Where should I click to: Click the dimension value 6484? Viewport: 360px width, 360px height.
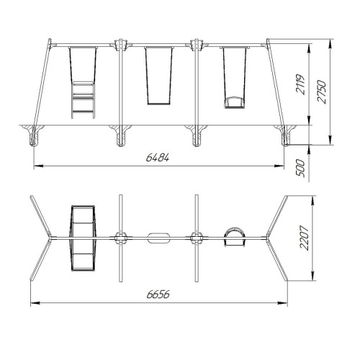coord(158,158)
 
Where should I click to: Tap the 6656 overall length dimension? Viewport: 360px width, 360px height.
coord(158,294)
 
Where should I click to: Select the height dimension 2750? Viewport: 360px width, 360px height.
coord(322,92)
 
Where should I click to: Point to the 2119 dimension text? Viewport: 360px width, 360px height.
coord(300,84)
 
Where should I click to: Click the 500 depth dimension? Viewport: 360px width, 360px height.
coord(300,168)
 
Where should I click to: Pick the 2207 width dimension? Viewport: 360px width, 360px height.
coord(304,238)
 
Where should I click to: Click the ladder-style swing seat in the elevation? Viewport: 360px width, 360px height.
coord(83,99)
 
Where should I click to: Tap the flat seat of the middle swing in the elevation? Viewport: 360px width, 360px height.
coord(159,104)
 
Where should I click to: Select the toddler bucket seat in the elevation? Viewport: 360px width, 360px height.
coord(235,102)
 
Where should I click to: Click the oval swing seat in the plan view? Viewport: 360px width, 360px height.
coord(158,238)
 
